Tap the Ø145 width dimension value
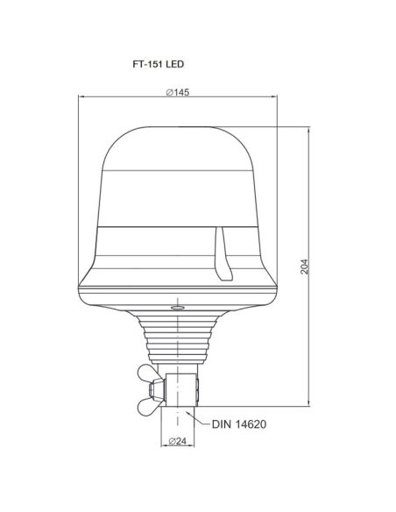[x=178, y=95]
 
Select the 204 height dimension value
[x=304, y=267]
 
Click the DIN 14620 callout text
[x=238, y=423]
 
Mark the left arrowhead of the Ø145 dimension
[x=81, y=100]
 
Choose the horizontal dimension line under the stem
[x=178, y=447]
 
